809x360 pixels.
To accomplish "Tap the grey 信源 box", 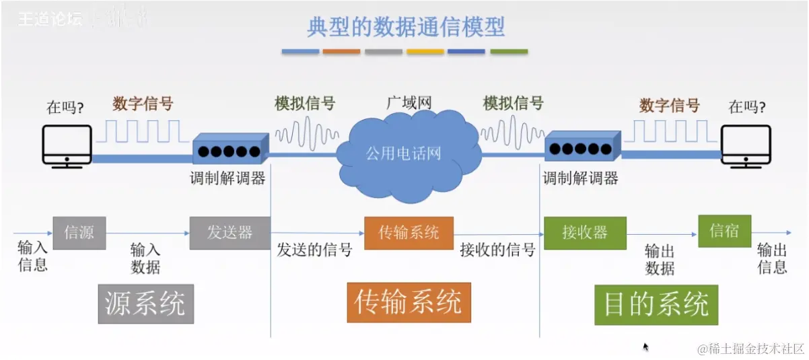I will [79, 233].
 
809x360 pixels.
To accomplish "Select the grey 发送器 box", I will [230, 233].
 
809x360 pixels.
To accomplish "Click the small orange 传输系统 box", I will [409, 233].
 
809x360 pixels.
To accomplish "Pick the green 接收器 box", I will [585, 233].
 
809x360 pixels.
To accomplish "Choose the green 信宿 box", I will [724, 231].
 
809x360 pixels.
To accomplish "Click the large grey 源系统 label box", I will [145, 303].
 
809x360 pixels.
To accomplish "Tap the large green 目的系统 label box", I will [656, 304].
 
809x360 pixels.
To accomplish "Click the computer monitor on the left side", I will [67, 143].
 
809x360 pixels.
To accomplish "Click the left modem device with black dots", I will [229, 149].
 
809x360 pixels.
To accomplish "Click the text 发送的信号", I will [314, 250].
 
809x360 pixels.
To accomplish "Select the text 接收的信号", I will [497, 250].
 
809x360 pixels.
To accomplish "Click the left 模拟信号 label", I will [305, 104].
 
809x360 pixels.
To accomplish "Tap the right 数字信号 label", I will [669, 105].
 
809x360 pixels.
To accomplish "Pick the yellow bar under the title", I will [425, 51].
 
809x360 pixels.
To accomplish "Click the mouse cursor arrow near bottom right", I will [646, 347].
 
